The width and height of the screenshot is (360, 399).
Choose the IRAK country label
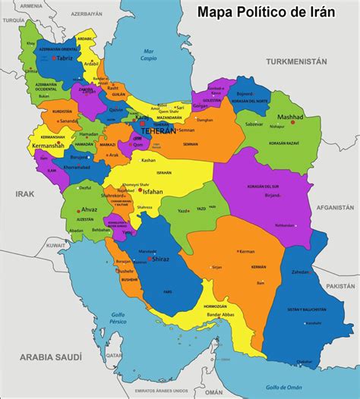coord(25,194)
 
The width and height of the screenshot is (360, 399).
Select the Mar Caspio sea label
coord(149,55)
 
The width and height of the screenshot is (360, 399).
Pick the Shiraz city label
coord(161,259)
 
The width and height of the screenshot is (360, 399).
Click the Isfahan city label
coord(152,192)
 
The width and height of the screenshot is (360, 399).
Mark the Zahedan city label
coord(302,271)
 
